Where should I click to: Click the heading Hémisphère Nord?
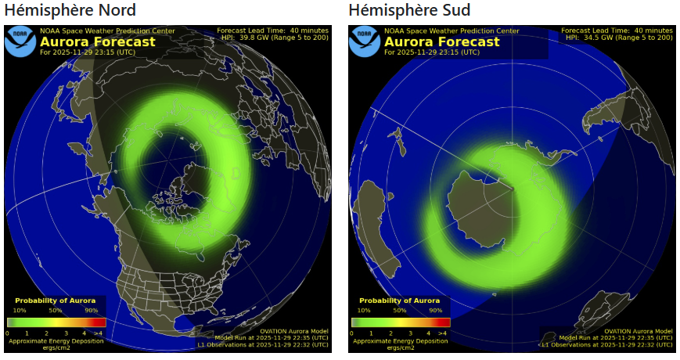70,11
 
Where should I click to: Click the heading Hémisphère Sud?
409,11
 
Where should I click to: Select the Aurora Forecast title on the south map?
441,41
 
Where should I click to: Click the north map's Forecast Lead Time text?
272,31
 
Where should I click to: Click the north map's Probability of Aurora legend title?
56,301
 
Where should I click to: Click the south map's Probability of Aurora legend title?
399,301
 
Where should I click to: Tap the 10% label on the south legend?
364,310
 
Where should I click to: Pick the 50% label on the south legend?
399,310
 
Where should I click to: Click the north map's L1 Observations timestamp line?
262,344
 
